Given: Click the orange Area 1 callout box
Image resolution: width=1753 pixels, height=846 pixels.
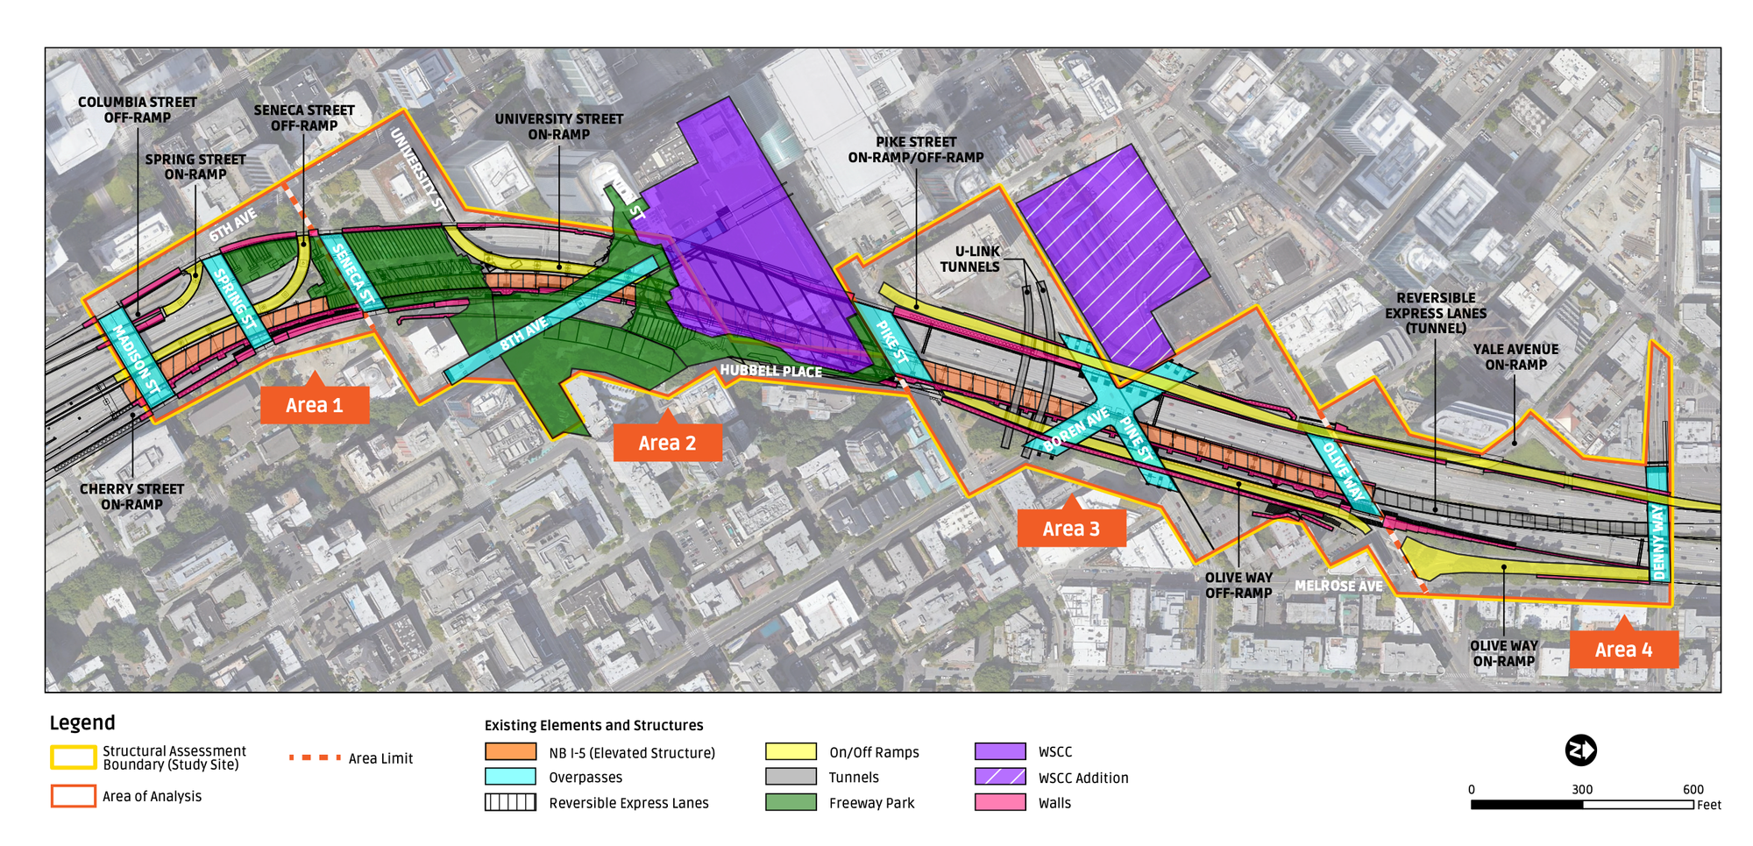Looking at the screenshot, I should coord(314,405).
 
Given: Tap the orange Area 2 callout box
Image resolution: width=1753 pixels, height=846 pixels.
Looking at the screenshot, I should coord(667,443).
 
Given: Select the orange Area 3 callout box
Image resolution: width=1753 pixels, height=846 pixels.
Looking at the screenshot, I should coord(1071,529).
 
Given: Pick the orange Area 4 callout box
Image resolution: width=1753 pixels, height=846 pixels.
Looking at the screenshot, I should coord(1623,650).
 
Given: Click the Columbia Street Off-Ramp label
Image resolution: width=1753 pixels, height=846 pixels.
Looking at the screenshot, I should coord(138,110).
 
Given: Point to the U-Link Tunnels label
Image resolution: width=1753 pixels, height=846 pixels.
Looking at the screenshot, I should coord(969,259).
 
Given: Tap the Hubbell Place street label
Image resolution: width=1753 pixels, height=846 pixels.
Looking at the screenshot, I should coord(770,371).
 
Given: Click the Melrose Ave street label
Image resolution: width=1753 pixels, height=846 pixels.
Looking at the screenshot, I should coord(1338,586).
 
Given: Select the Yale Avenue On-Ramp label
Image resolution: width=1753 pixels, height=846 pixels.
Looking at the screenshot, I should coord(1515,357).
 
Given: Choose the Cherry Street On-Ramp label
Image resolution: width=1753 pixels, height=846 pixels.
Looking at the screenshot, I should coord(131,496).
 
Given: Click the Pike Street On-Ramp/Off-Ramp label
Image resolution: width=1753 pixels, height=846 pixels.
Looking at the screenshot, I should coord(915,150).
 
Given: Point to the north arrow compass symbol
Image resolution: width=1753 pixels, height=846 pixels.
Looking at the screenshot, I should coord(1580,750).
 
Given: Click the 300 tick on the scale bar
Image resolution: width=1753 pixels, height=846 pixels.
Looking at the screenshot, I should coord(1582,790).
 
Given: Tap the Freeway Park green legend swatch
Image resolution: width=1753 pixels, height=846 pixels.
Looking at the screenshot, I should coord(791,802).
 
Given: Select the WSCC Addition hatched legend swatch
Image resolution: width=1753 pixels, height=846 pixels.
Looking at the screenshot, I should coord(1000,777).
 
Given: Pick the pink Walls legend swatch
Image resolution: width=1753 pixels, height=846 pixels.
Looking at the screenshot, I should coord(1000,802).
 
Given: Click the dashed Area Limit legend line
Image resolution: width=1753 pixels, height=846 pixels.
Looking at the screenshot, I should coord(315,757).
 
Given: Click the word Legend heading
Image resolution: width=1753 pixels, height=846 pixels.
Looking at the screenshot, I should coord(82,722).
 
